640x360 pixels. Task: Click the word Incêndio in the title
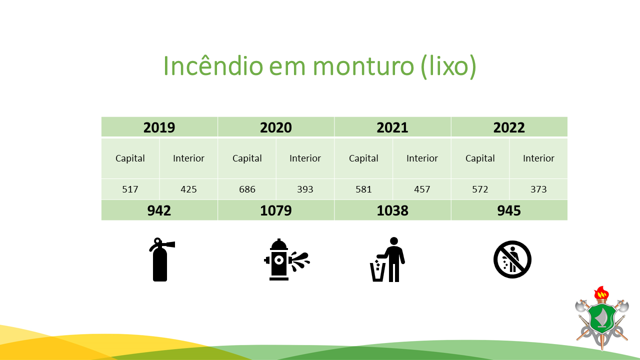pos(213,66)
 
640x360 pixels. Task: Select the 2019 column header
pos(159,127)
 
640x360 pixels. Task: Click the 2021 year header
pos(392,127)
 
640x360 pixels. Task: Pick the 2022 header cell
pos(509,127)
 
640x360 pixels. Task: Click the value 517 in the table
pos(130,189)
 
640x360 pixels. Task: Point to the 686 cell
pos(247,189)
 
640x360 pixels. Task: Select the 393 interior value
pos(305,189)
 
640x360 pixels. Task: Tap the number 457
pos(422,189)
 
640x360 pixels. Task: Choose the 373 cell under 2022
pos(538,189)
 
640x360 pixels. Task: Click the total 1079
pos(275,210)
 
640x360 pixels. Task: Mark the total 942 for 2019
pos(159,210)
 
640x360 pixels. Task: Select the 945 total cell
pos(509,210)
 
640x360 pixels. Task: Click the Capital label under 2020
pos(247,158)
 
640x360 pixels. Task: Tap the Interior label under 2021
pos(422,158)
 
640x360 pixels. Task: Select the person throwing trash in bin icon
pos(388,259)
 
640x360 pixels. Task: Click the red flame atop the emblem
pos(601,292)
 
